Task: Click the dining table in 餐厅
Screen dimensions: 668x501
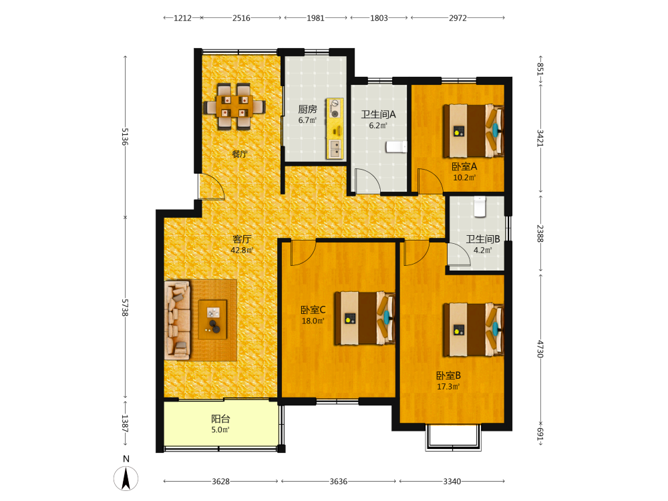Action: tap(234, 106)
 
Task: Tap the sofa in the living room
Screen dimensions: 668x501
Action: tap(177, 320)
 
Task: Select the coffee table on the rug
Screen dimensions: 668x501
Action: tap(212, 319)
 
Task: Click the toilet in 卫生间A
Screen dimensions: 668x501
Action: tap(396, 147)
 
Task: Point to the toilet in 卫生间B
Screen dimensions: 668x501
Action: tap(480, 206)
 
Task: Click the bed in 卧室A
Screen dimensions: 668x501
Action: tap(473, 131)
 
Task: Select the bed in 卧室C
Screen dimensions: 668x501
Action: tap(364, 318)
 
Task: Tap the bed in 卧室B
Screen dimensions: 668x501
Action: tap(473, 329)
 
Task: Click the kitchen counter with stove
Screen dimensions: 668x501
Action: tap(335, 129)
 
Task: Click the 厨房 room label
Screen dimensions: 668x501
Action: tap(307, 110)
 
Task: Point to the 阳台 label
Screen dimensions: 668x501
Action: tap(220, 419)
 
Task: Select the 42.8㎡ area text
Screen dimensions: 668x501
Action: tap(242, 250)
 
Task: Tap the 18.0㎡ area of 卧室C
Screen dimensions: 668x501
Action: tap(313, 321)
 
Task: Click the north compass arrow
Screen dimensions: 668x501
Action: tap(126, 478)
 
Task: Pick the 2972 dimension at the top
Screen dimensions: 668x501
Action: tap(458, 18)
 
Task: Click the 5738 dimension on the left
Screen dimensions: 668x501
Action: tap(125, 307)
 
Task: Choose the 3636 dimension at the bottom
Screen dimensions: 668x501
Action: tap(338, 482)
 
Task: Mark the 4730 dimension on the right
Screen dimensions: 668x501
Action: tap(540, 349)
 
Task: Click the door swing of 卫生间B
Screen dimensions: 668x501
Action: tap(459, 255)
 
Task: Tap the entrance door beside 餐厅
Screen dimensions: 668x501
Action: tap(212, 187)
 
